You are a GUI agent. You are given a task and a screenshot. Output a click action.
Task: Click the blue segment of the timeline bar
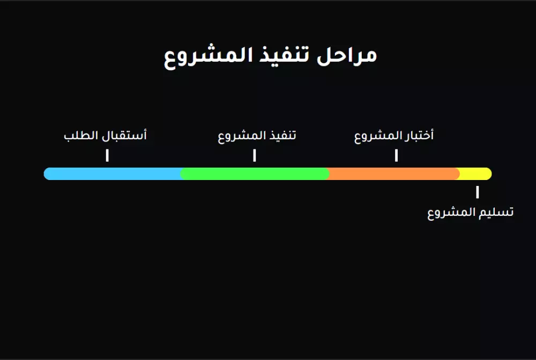point(113,174)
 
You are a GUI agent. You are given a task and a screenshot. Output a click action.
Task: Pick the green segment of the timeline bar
point(255,174)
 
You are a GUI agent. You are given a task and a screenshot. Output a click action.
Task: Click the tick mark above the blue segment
point(107,155)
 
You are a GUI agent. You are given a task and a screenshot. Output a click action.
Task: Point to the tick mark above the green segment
point(255,155)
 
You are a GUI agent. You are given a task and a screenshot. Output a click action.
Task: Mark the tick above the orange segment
point(396,155)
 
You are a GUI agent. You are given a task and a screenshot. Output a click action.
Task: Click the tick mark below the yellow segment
point(477,192)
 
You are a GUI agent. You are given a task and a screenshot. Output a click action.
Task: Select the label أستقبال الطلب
point(105,136)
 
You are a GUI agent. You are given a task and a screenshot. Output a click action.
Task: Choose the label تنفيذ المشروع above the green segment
point(257,136)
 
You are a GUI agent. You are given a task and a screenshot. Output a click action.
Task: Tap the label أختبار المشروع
point(394,136)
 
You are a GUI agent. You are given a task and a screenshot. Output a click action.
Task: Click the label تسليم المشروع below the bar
point(470,213)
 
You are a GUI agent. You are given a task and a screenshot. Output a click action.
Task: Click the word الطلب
point(81,136)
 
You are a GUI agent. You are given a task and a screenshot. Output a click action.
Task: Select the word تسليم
point(497,212)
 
